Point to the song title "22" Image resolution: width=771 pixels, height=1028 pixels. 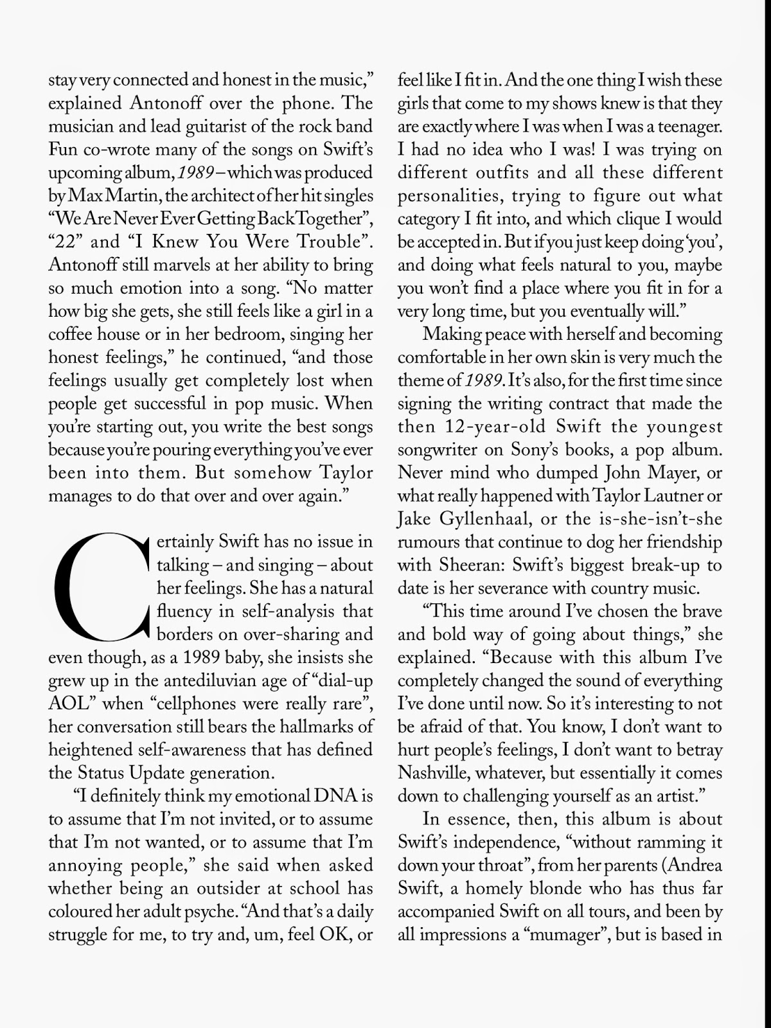[x=66, y=242]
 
